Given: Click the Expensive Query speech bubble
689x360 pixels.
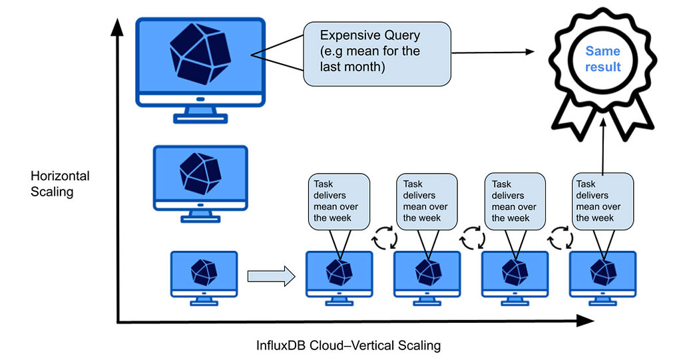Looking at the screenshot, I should [377, 53].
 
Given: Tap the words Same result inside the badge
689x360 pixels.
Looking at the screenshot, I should [602, 59].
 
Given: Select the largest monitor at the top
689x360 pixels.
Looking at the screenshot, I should [200, 67].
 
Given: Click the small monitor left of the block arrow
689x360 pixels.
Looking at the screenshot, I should [204, 274].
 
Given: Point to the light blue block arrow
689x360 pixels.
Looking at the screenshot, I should [270, 275].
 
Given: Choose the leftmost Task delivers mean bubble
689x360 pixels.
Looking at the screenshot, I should [338, 201].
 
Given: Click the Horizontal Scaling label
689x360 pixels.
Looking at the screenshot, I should [60, 184].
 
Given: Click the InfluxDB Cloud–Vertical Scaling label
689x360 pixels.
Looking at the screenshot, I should [348, 345].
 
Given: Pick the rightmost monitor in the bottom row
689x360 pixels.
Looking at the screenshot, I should [603, 275].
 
